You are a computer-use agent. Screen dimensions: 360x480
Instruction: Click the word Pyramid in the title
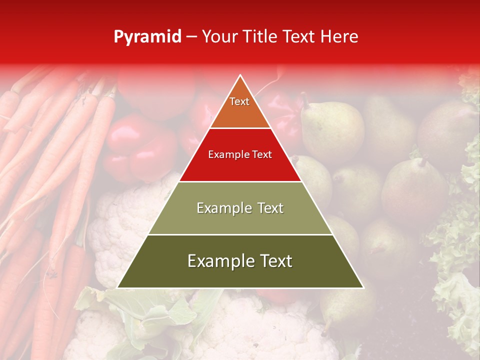click(147, 37)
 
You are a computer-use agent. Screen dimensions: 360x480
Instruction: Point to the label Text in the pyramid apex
click(239, 101)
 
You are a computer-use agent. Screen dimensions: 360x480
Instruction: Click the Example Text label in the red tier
click(240, 154)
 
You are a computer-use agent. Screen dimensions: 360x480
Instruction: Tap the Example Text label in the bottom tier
click(240, 261)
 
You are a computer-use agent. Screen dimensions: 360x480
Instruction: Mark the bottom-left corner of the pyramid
click(117, 288)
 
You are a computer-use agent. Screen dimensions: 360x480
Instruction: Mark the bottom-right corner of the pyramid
click(363, 288)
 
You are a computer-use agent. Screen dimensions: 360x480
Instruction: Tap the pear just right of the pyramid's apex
click(332, 127)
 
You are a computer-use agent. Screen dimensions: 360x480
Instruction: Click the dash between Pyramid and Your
click(191, 37)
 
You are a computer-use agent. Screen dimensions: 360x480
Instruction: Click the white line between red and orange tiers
click(240, 128)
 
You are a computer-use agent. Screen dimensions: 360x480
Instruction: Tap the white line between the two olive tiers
click(240, 234)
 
